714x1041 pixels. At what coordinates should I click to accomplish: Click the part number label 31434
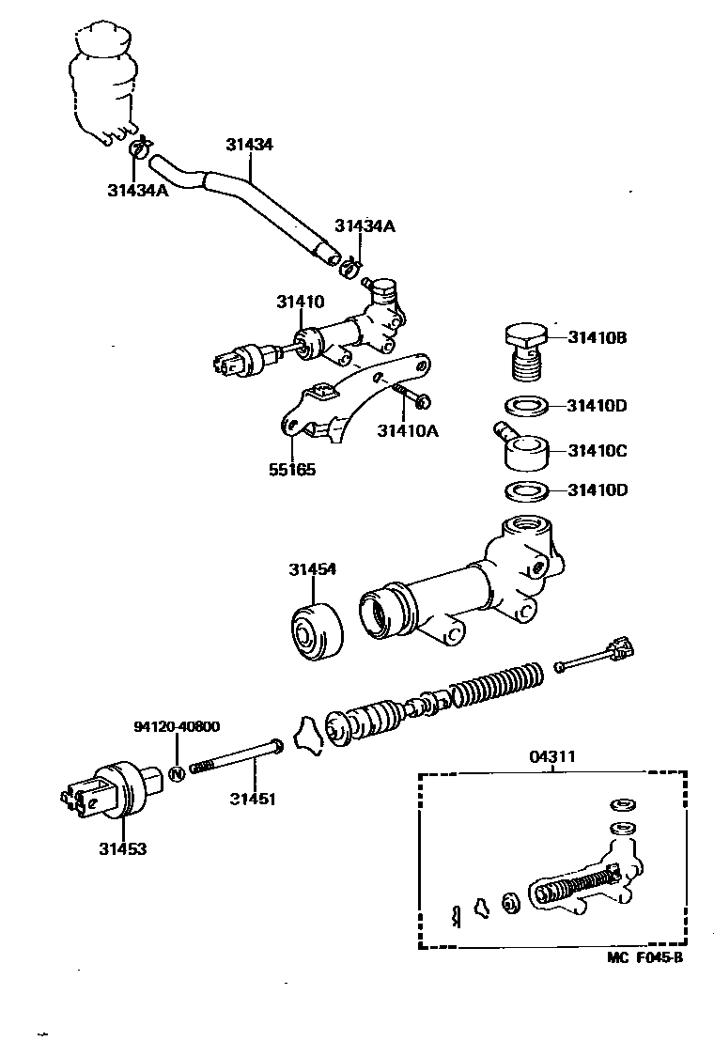pyautogui.click(x=249, y=146)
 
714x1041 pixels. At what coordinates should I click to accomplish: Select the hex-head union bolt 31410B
pyautogui.click(x=525, y=352)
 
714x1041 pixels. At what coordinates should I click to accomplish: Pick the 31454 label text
pyautogui.click(x=313, y=569)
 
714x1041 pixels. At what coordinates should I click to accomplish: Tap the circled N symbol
pyautogui.click(x=176, y=774)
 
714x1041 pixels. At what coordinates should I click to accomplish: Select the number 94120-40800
pyautogui.click(x=177, y=726)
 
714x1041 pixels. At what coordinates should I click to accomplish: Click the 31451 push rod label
pyautogui.click(x=254, y=800)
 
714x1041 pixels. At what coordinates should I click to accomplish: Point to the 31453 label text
pyautogui.click(x=123, y=847)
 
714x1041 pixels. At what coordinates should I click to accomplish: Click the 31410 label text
pyautogui.click(x=300, y=302)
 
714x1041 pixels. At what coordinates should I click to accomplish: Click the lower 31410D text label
pyautogui.click(x=597, y=490)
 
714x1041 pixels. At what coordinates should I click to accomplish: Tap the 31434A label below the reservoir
pyautogui.click(x=137, y=190)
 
